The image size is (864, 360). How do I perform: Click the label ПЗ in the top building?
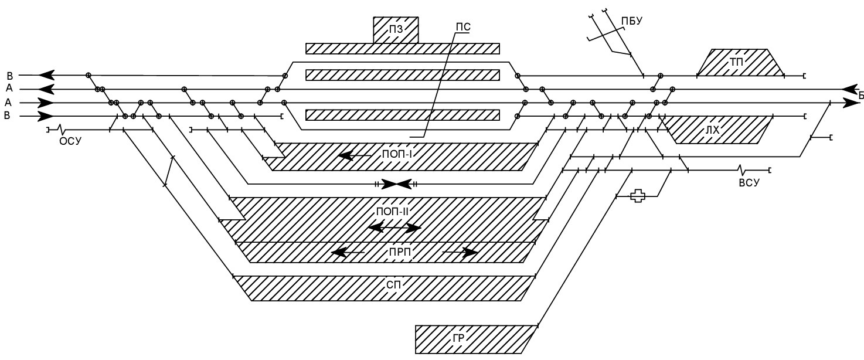coord(396,30)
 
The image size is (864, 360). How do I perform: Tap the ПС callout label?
coord(463,27)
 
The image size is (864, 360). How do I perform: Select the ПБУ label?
coord(632,21)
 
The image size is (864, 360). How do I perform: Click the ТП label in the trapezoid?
coord(736,62)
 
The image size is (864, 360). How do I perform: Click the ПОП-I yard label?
coord(397,155)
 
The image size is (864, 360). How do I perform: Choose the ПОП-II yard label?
coord(392,212)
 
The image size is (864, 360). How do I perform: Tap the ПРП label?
coord(400,252)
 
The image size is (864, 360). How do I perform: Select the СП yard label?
coord(393,285)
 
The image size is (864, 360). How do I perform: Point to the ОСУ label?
coord(70,141)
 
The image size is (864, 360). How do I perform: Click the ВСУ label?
coord(749,182)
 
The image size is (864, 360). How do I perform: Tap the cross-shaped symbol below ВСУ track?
coord(637,196)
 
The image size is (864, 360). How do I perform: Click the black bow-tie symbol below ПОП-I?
coord(396,184)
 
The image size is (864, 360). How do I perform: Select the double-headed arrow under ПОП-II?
coord(394,228)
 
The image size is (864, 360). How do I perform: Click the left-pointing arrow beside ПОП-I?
coord(355,156)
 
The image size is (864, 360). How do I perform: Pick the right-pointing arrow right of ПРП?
coord(460,253)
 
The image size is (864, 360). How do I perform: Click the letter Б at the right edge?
coord(860,95)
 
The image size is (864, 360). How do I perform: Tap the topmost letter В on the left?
coord(9,76)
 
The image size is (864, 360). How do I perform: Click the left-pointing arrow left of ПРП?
coord(348,253)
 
